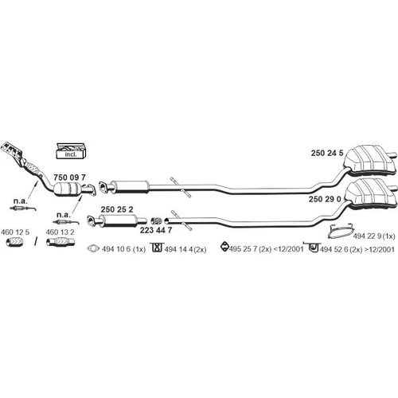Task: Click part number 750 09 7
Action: pyautogui.click(x=69, y=177)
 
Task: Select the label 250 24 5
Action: pyautogui.click(x=327, y=153)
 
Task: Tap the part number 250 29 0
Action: pyautogui.click(x=325, y=199)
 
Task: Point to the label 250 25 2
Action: pyautogui.click(x=117, y=209)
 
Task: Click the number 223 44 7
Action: pyautogui.click(x=156, y=230)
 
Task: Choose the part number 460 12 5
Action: pyautogui.click(x=15, y=232)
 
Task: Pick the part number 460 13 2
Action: pyautogui.click(x=60, y=232)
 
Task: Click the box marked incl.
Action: pyautogui.click(x=71, y=151)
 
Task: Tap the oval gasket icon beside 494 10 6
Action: pyautogui.click(x=93, y=248)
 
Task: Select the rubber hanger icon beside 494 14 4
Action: pyautogui.click(x=157, y=248)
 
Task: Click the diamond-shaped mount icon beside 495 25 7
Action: pyautogui.click(x=224, y=247)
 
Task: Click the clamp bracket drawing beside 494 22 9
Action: pyautogui.click(x=341, y=232)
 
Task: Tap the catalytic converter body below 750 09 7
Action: pyautogui.click(x=68, y=189)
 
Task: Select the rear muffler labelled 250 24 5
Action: pyautogui.click(x=370, y=159)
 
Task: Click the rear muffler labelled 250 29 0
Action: pyautogui.click(x=372, y=192)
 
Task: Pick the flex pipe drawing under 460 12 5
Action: pyautogui.click(x=15, y=242)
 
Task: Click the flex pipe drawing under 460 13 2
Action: pyautogui.click(x=60, y=242)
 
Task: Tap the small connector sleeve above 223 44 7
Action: pyautogui.click(x=157, y=220)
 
